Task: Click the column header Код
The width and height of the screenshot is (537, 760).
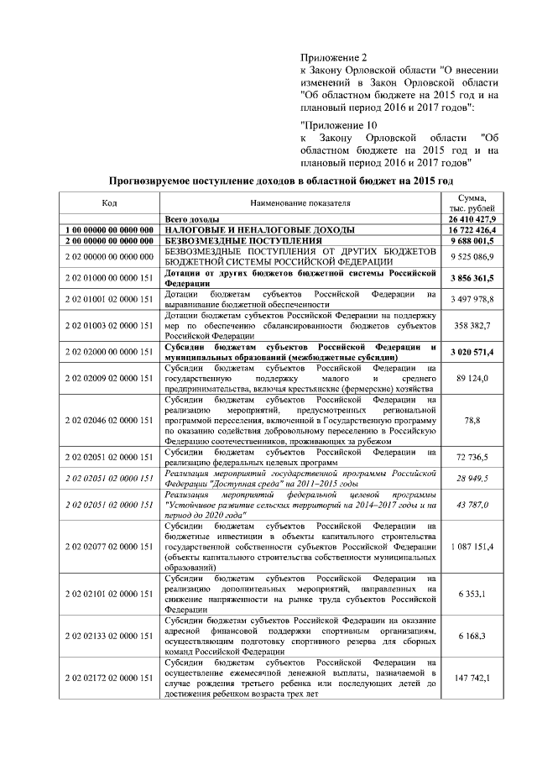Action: coord(109,202)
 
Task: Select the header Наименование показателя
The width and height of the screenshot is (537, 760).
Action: coord(300,202)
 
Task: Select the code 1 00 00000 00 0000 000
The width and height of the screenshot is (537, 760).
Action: coord(109,229)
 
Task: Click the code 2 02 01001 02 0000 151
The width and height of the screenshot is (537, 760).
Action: coord(109,299)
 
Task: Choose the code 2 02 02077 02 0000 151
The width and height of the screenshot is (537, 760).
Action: coord(109,547)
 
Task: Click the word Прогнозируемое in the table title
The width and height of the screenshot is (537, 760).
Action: coord(159,181)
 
